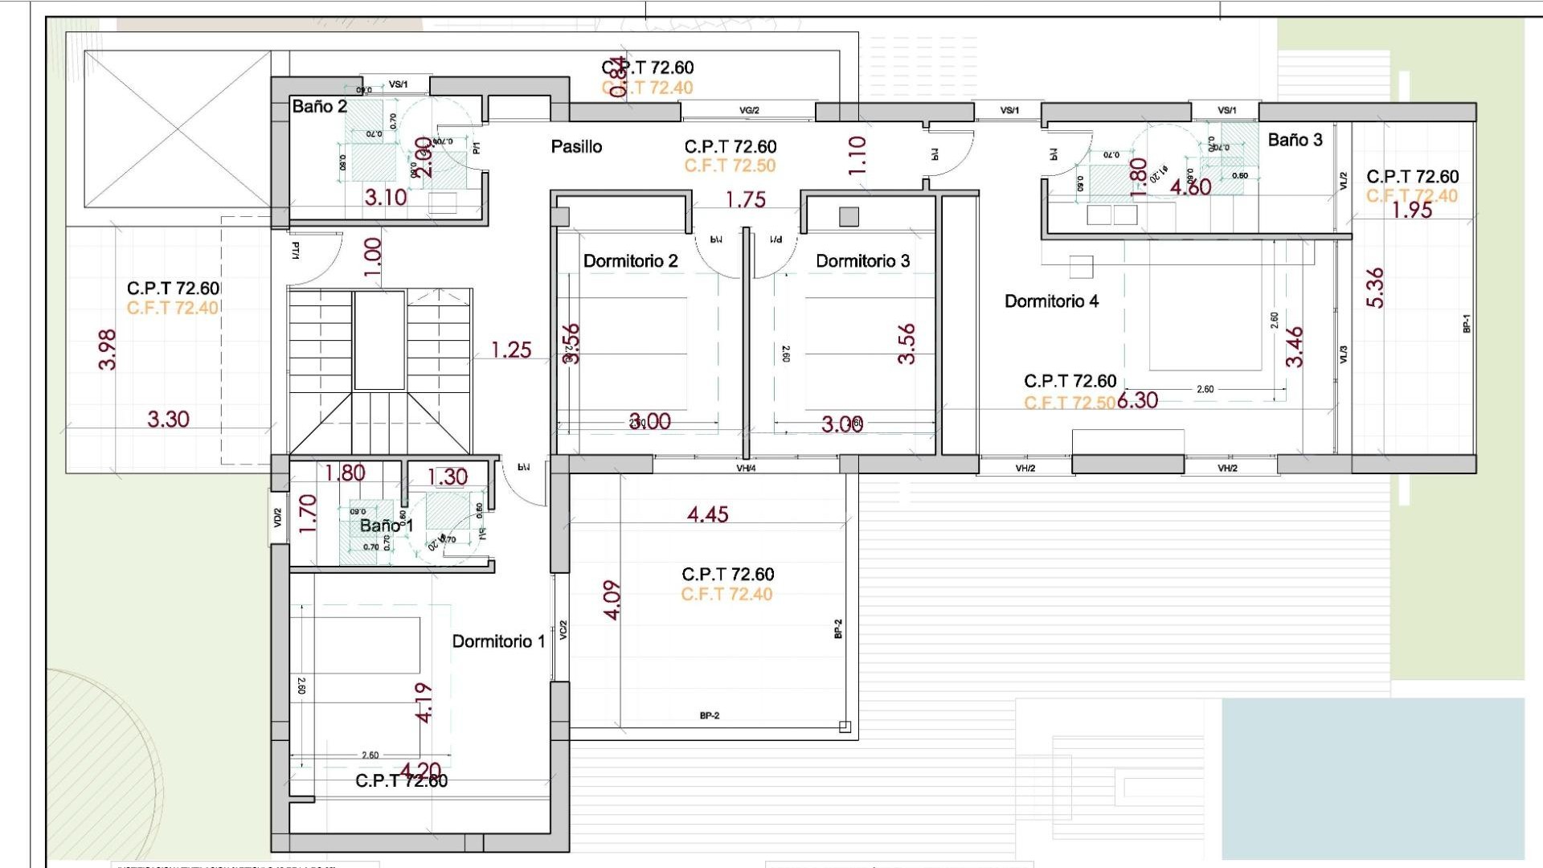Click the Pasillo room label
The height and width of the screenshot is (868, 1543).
(x=576, y=147)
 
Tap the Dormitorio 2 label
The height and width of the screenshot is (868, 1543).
(x=630, y=261)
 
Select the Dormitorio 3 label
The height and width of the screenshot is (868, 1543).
(x=862, y=261)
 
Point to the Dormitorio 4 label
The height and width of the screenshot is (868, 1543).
(x=1051, y=301)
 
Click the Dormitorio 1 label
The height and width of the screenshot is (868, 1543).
(x=498, y=641)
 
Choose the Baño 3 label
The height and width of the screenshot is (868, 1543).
(x=1295, y=140)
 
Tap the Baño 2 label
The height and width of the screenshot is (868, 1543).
(x=319, y=107)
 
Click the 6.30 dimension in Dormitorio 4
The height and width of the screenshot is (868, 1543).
(x=1137, y=400)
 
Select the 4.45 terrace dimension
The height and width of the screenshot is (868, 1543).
(x=707, y=514)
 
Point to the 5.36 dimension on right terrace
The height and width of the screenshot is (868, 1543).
(x=1375, y=288)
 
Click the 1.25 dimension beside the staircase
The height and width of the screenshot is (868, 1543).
(x=511, y=350)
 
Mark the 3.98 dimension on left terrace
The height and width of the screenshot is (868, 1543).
(x=107, y=350)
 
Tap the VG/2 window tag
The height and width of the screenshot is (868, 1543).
(x=749, y=110)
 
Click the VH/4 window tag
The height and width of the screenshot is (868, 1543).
(x=746, y=468)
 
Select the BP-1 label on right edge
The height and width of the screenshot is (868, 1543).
(x=1466, y=323)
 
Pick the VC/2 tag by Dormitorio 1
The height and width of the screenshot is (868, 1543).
(x=563, y=630)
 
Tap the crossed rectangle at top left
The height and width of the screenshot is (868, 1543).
(x=178, y=129)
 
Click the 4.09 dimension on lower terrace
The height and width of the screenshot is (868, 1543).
(x=612, y=600)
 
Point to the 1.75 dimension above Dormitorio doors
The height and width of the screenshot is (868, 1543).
(x=746, y=199)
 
